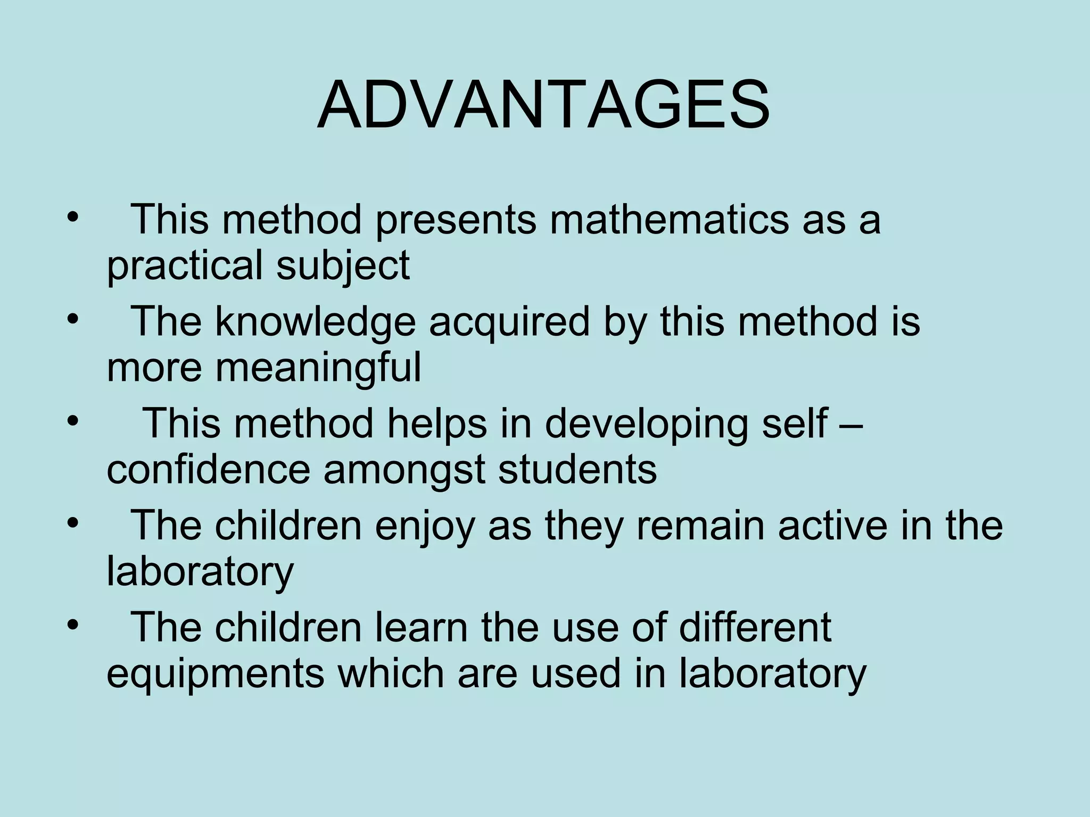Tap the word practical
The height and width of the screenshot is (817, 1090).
coord(184,265)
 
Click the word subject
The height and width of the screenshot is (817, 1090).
coord(343,265)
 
